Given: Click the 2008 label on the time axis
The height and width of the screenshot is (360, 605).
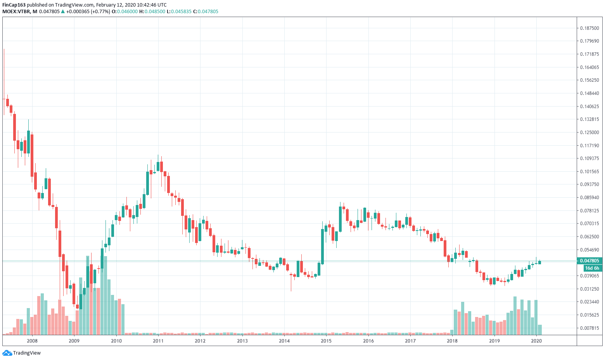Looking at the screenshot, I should click(x=32, y=341).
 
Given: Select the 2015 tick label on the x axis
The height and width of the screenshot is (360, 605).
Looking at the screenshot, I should click(x=326, y=341).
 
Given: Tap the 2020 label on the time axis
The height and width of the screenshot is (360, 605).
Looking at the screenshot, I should click(x=536, y=341).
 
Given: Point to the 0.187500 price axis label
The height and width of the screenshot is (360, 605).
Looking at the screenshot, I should click(x=589, y=28).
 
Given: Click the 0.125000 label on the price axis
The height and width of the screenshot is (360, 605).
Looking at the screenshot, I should click(x=589, y=133).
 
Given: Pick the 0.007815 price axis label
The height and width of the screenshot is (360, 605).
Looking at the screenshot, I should click(x=589, y=328).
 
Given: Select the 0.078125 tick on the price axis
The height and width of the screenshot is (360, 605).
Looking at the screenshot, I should click(x=589, y=211).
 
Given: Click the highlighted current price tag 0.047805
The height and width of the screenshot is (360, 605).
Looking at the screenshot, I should click(x=589, y=261).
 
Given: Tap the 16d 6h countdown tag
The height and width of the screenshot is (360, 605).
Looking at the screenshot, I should click(x=592, y=268).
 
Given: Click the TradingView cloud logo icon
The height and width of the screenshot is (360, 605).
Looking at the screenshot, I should click(x=7, y=353).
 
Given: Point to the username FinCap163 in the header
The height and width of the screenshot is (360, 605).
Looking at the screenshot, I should click(x=14, y=5).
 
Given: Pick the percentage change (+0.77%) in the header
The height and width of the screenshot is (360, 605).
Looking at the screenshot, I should click(x=100, y=12).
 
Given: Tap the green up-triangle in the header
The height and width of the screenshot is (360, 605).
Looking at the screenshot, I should click(x=63, y=12).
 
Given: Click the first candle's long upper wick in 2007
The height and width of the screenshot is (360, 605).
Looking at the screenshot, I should click(x=4, y=74).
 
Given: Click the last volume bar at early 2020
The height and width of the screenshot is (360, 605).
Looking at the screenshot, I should click(x=540, y=330).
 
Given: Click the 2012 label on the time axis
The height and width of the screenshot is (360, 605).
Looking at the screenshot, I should click(x=200, y=341).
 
